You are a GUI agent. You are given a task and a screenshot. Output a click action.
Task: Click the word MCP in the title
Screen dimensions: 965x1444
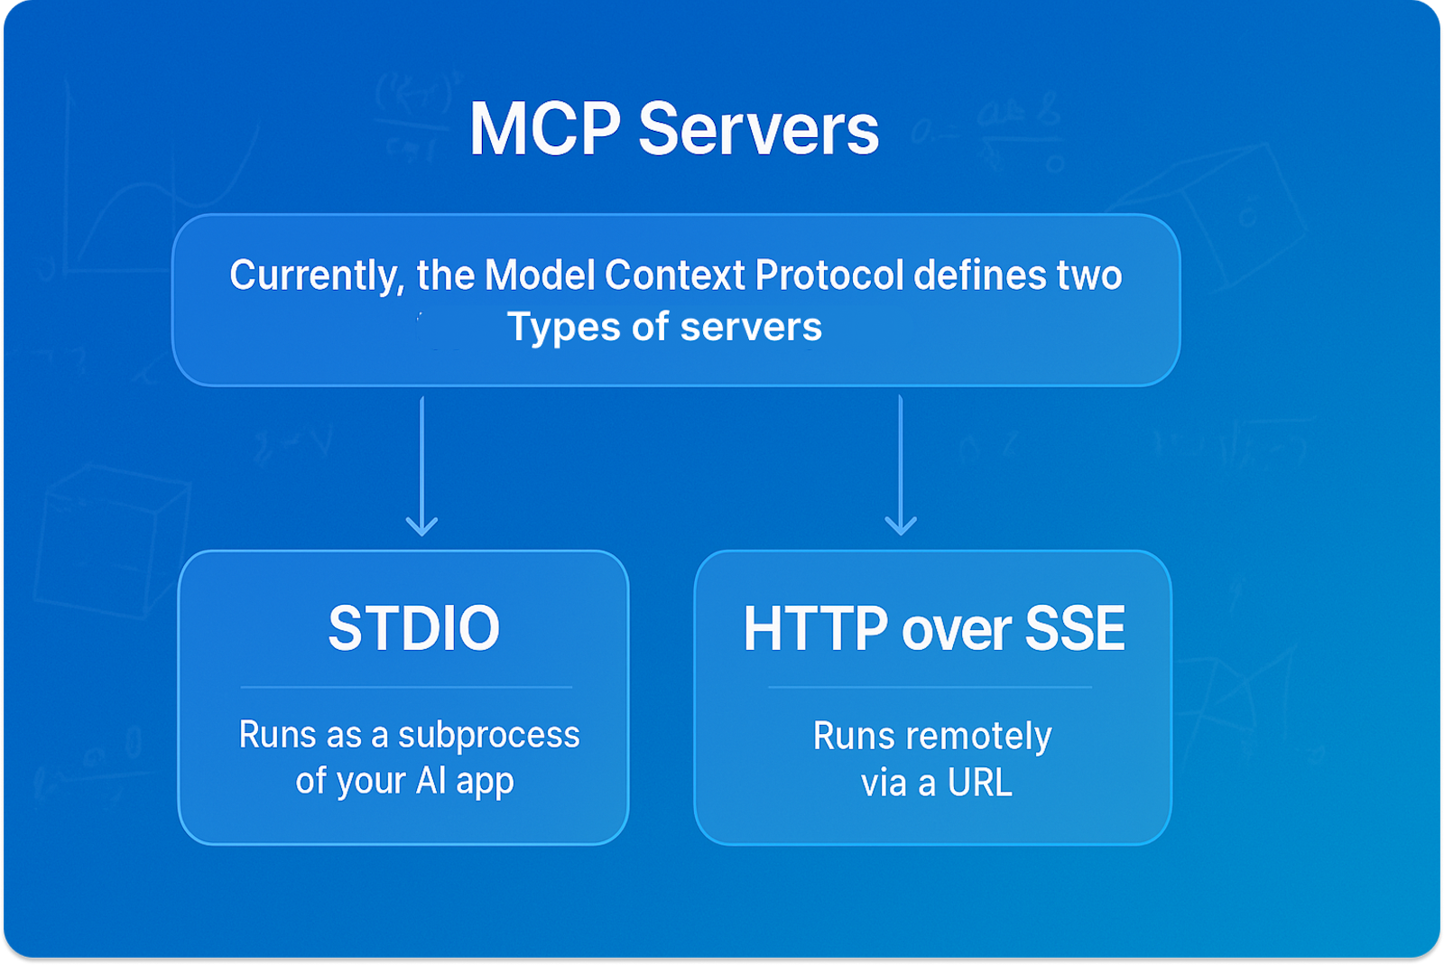[x=544, y=129]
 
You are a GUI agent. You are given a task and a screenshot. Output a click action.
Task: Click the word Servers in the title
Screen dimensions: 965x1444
[x=758, y=129]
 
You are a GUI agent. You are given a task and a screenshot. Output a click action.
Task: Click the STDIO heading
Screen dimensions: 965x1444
[x=413, y=628]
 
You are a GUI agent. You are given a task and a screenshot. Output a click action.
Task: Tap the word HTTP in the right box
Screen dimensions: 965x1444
[x=815, y=628]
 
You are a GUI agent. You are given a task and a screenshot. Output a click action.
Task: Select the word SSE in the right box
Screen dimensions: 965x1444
[x=1075, y=628]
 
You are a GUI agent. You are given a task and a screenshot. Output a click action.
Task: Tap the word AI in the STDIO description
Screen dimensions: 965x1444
[x=431, y=781]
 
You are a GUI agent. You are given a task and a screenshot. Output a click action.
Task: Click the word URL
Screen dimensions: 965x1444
[x=979, y=784]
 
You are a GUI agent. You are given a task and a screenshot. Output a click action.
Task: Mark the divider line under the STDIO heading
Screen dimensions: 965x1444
[x=406, y=687]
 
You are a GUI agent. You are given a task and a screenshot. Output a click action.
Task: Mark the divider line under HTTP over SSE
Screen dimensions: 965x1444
[x=930, y=687]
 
